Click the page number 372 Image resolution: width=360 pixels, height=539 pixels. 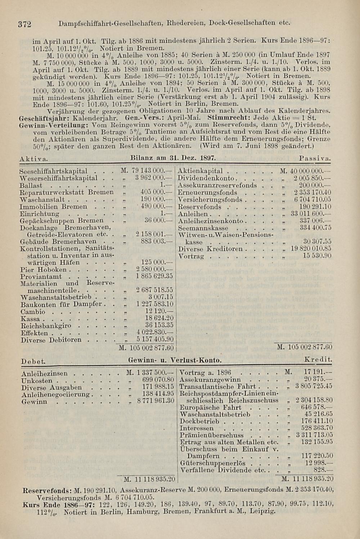click(x=25, y=24)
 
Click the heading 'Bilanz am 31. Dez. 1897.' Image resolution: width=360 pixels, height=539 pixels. click(x=173, y=158)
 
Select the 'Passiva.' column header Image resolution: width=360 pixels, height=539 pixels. click(x=315, y=159)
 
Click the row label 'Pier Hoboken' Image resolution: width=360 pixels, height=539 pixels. click(x=44, y=269)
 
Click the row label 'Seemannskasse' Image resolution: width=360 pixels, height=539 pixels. click(x=203, y=228)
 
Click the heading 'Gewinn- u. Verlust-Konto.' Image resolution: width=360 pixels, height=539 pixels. click(x=175, y=360)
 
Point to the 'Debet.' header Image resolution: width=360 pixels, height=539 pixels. click(x=33, y=361)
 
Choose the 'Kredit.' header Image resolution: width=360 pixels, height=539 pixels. click(x=318, y=360)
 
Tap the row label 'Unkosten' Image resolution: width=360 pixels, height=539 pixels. click(x=36, y=380)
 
